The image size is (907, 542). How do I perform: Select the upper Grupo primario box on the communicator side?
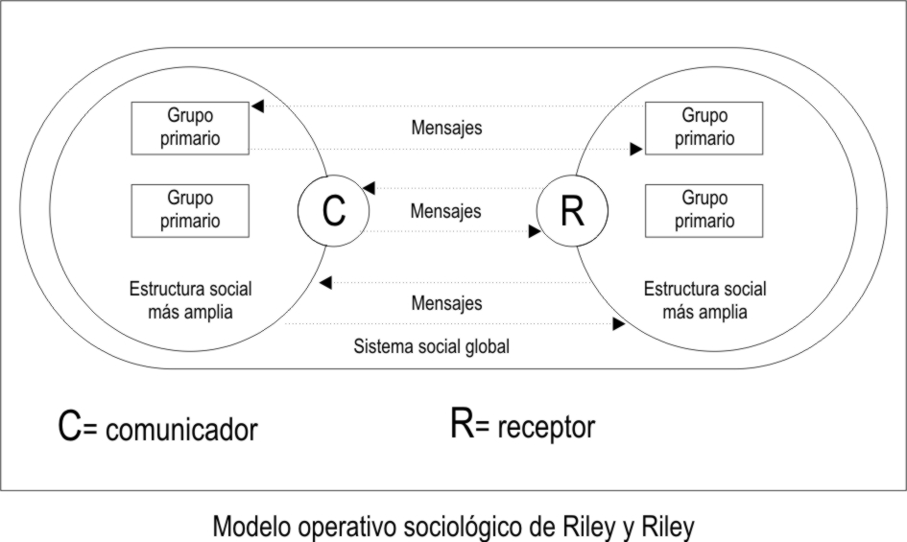click(190, 127)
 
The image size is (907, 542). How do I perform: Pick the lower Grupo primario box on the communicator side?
click(190, 209)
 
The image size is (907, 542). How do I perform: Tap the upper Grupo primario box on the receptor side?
click(704, 127)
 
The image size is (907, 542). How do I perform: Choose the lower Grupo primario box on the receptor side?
click(704, 209)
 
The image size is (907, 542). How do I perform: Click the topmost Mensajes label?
click(446, 127)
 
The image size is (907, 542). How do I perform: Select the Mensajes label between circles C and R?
click(446, 210)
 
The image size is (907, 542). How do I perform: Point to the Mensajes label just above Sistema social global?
click(446, 303)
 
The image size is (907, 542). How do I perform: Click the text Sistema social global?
click(431, 347)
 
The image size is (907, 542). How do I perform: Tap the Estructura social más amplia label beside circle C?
click(190, 300)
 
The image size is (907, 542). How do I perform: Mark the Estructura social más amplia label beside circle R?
click(704, 300)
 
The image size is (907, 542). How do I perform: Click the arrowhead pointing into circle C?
click(370, 189)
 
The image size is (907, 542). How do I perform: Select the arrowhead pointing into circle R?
click(534, 231)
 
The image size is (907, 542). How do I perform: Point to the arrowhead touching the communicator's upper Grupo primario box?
click(256, 106)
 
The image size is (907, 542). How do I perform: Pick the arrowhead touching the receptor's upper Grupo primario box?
click(635, 149)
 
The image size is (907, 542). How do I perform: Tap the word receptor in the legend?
click(546, 427)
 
